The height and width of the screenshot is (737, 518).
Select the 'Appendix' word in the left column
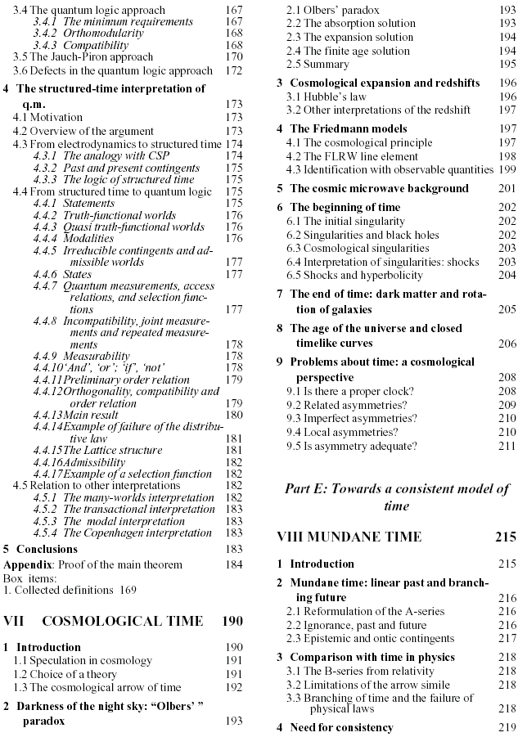click(x=26, y=564)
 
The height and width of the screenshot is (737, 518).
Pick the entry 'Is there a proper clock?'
click(x=354, y=392)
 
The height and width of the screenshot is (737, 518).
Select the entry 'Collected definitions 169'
click(x=70, y=590)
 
